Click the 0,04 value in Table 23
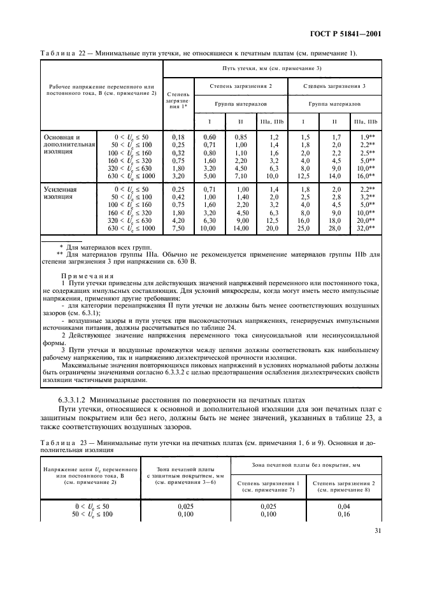[x=348, y=505]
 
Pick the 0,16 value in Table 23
[x=348, y=513]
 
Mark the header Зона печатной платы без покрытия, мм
[x=305, y=466]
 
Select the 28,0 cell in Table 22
[x=336, y=228]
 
